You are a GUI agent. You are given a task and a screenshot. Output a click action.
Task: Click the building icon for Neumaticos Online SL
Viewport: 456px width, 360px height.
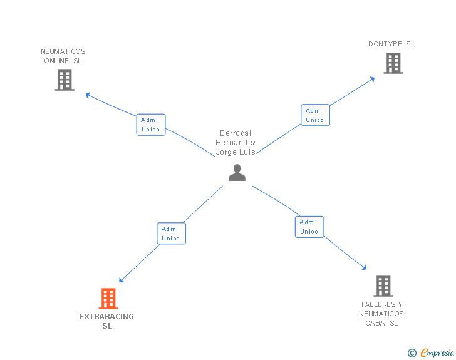point(65,80)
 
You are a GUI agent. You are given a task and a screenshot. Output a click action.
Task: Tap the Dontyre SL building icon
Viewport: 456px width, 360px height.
point(393,63)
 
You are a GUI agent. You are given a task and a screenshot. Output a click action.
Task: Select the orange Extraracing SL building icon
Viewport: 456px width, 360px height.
point(108,299)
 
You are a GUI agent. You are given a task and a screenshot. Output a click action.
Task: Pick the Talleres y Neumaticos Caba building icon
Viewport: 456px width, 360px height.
point(383,286)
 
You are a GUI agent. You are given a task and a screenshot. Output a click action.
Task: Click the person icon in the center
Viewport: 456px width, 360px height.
point(237,172)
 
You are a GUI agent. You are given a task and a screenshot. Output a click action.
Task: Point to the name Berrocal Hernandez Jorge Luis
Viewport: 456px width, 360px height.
point(236,143)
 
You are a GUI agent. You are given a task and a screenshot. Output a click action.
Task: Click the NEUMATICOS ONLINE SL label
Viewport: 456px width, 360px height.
point(63,56)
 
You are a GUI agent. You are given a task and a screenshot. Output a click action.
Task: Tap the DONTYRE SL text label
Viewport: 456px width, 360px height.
point(391,44)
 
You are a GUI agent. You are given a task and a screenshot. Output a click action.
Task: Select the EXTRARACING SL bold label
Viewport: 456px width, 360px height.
point(106,321)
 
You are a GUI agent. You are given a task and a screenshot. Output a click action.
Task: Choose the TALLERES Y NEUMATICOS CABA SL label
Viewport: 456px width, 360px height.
point(381,314)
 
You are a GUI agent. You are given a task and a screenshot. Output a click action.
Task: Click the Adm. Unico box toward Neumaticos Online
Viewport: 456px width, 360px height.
point(151,125)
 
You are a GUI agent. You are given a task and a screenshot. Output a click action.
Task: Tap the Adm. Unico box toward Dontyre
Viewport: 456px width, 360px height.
point(315,115)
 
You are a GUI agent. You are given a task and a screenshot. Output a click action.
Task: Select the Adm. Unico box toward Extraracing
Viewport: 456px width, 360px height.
point(171,234)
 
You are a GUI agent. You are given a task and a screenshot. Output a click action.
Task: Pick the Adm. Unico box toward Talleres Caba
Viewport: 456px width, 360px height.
point(309,227)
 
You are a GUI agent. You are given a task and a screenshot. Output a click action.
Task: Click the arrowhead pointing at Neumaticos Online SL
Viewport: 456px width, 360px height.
point(88,95)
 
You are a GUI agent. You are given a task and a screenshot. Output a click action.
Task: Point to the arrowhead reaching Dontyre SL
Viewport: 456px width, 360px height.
point(372,78)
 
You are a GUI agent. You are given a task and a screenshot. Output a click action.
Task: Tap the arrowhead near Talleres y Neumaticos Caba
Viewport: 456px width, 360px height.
point(364,268)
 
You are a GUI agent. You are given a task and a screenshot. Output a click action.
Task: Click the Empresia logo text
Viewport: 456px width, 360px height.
point(437,353)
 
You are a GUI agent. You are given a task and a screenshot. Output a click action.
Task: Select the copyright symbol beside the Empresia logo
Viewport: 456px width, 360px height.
point(412,353)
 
